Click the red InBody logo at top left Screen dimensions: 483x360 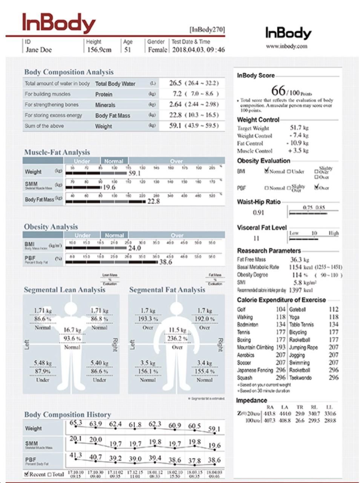coord(59,23)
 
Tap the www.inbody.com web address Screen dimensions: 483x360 coord(286,46)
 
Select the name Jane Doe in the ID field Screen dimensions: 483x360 coord(39,50)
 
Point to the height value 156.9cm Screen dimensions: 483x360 coord(100,50)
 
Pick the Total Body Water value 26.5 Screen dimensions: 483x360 coord(175,83)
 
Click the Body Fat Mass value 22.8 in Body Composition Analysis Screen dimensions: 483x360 coord(175,115)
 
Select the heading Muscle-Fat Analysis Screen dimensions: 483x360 coord(57,152)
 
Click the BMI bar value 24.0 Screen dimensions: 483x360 coord(134,248)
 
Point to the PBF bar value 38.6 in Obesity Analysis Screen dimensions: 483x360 coord(165,262)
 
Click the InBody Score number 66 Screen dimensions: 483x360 coord(278,91)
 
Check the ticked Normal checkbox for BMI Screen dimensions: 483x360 coord(267,171)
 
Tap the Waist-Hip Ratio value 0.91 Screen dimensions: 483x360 coord(259,212)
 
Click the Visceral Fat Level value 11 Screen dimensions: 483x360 coord(256,238)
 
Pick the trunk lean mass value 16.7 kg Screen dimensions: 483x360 coord(72,330)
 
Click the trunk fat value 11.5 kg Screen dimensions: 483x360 coord(177,330)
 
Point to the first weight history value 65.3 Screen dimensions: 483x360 coord(76,423)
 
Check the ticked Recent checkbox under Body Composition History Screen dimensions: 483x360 coord(26,474)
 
